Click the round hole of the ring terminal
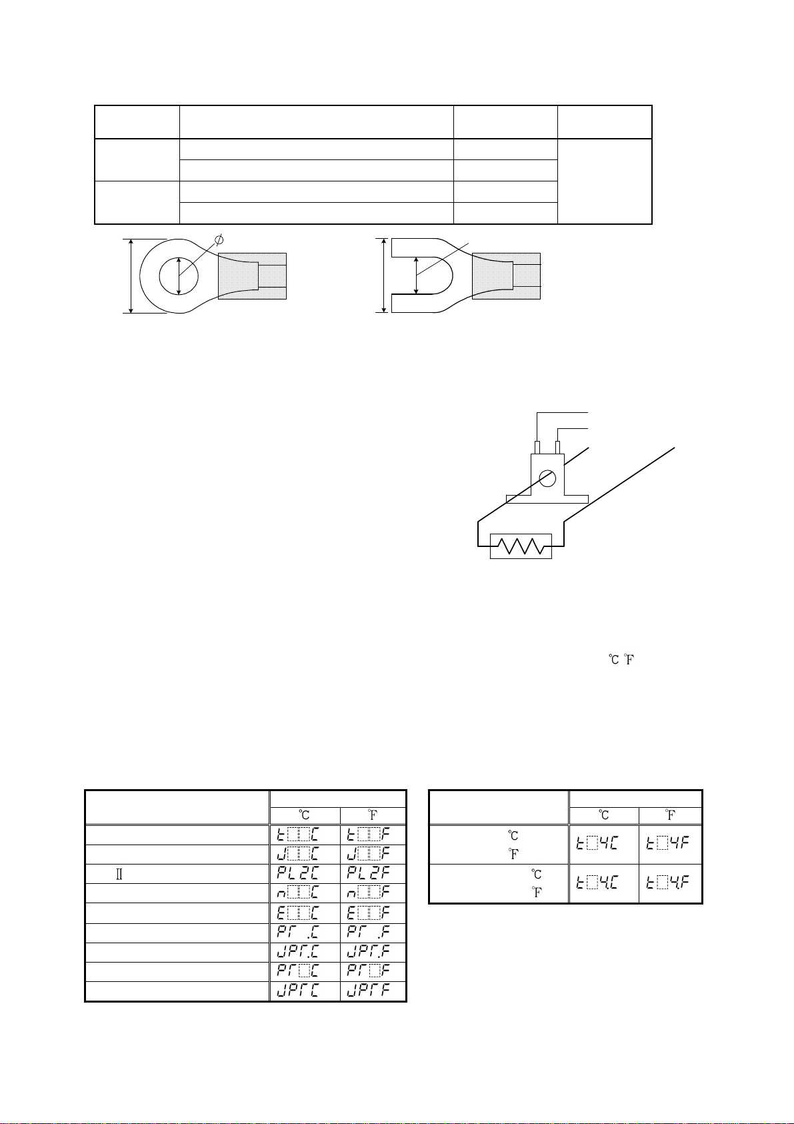[x=179, y=276]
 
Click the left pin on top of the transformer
[x=537, y=448]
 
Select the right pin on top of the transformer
[x=557, y=448]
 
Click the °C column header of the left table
[x=305, y=815]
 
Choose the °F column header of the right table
[x=670, y=815]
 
